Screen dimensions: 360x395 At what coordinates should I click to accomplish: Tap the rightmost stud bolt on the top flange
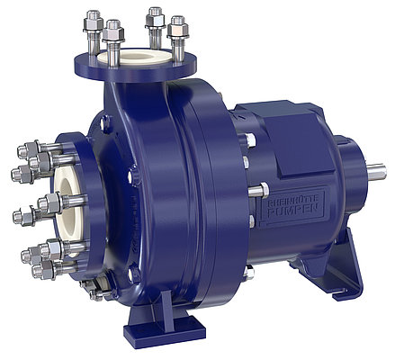[x=177, y=31]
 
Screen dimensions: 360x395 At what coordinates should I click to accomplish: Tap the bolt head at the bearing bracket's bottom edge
[x=249, y=271]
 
